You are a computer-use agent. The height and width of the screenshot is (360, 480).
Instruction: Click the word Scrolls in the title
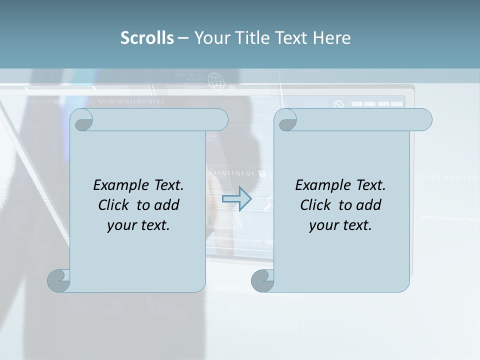click(147, 38)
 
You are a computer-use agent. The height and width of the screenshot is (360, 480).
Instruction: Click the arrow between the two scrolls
click(236, 198)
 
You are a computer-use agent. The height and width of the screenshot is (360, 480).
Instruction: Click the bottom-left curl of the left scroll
click(58, 280)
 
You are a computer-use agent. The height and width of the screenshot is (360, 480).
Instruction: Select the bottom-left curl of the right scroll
click(262, 280)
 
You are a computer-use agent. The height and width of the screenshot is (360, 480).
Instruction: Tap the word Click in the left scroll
click(114, 205)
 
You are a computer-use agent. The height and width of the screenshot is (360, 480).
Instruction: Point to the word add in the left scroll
click(167, 205)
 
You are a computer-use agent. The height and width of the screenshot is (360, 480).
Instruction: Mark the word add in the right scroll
click(369, 205)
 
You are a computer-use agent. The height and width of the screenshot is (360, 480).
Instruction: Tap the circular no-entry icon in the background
click(339, 104)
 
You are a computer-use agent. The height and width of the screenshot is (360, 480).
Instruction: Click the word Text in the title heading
click(292, 38)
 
